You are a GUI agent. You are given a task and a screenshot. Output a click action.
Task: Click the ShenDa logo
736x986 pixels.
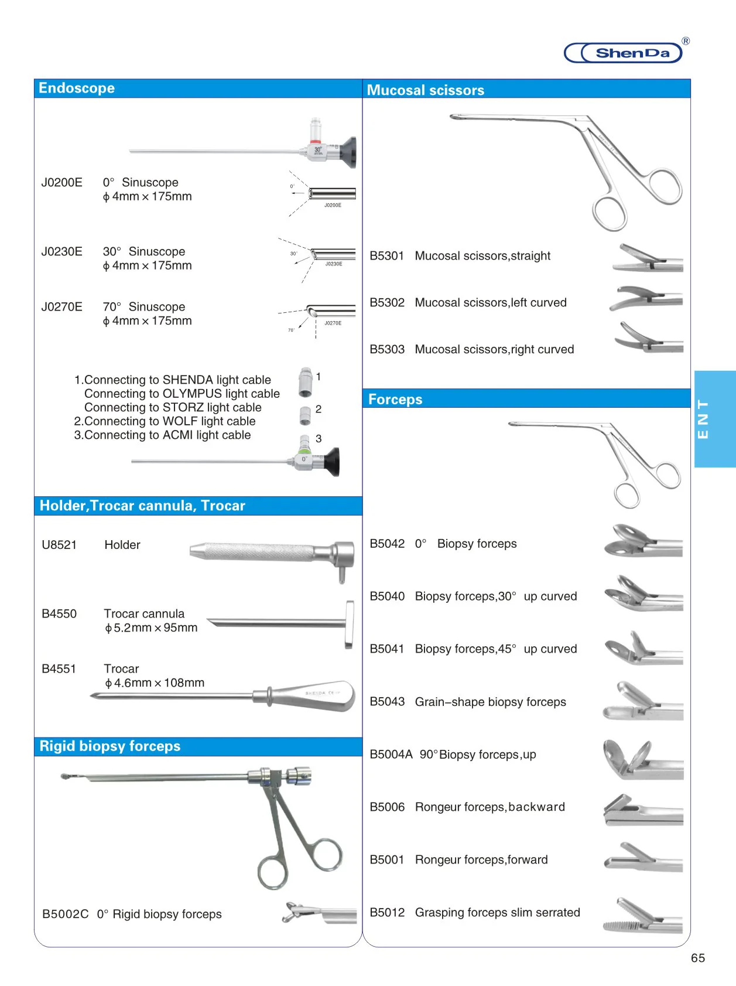(x=625, y=53)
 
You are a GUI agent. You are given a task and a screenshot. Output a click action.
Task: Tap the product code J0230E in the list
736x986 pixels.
(x=61, y=252)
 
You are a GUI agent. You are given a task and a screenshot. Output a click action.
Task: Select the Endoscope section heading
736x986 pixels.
(x=77, y=88)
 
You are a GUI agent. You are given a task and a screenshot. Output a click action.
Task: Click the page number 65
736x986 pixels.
(x=698, y=958)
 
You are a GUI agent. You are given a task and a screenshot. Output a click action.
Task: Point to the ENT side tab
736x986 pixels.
(x=714, y=418)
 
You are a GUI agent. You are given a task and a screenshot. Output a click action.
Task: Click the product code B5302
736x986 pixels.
(x=387, y=303)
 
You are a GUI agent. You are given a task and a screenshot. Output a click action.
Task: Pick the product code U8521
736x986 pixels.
(x=59, y=545)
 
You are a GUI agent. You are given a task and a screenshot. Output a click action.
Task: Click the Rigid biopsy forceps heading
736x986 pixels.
(x=110, y=746)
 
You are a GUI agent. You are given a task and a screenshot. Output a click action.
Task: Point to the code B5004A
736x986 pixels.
(x=391, y=755)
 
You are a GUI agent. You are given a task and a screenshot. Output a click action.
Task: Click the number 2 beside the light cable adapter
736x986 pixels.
(x=319, y=409)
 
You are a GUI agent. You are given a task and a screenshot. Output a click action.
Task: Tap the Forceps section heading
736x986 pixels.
(x=395, y=400)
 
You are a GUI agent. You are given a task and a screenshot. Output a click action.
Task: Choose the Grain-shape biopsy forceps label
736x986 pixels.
(x=490, y=702)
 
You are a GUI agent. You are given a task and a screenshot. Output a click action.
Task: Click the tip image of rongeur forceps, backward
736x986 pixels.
(x=642, y=811)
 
